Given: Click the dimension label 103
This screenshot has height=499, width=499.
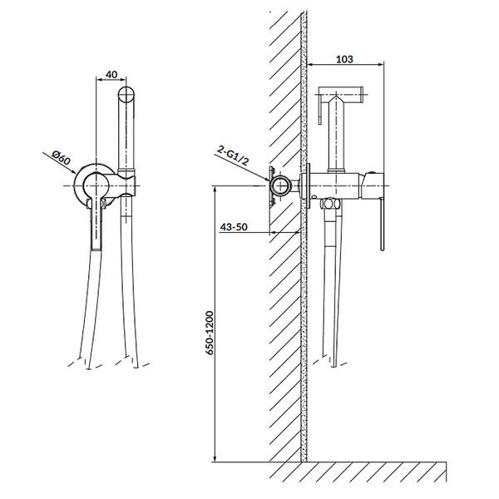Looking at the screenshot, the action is [344, 59].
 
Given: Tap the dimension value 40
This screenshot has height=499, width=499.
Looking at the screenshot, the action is [111, 75].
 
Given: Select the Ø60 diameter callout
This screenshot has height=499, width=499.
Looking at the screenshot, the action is [61, 157].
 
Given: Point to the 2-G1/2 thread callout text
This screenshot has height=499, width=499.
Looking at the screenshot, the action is [233, 156].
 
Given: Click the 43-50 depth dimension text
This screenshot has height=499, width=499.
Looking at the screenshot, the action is [234, 227].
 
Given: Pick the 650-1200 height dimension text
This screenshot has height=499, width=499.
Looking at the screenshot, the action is [209, 333].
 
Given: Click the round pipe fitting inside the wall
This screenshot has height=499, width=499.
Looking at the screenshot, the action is [280, 185].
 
